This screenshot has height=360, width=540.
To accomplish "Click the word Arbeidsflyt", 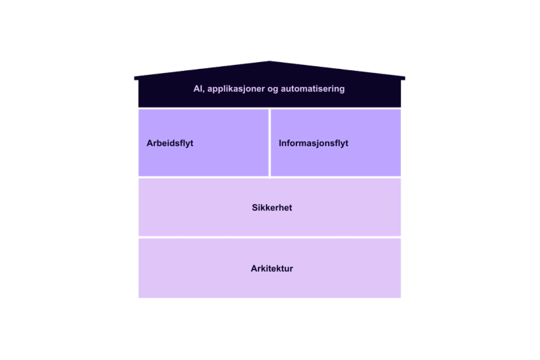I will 169,143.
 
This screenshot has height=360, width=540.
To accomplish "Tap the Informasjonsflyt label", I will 313,143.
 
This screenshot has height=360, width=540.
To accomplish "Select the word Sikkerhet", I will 271,208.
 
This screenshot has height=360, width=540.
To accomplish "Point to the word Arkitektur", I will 271,268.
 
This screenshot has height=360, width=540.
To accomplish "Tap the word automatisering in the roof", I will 313,88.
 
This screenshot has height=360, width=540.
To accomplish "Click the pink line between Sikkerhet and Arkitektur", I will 270,237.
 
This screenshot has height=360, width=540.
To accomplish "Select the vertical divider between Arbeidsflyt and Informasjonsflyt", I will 270,143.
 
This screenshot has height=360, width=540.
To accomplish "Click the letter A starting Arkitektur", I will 253,268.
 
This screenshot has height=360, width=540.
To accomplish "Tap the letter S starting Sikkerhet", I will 254,208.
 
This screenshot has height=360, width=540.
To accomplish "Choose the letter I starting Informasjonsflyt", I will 280,143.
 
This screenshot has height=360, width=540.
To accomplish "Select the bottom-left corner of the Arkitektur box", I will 138,298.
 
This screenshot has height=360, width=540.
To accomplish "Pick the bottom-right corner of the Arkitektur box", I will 402,298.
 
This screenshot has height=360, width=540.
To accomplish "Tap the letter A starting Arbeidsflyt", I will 149,143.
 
